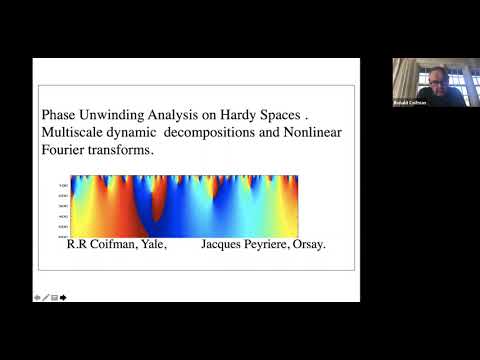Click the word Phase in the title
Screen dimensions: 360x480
pos(57,113)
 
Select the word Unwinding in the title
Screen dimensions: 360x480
pos(113,113)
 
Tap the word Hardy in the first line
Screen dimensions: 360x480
pos(229,113)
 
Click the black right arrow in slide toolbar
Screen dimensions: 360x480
pos(63,297)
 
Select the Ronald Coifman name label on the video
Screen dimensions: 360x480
pos(408,104)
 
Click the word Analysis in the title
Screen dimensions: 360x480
pos(174,114)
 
